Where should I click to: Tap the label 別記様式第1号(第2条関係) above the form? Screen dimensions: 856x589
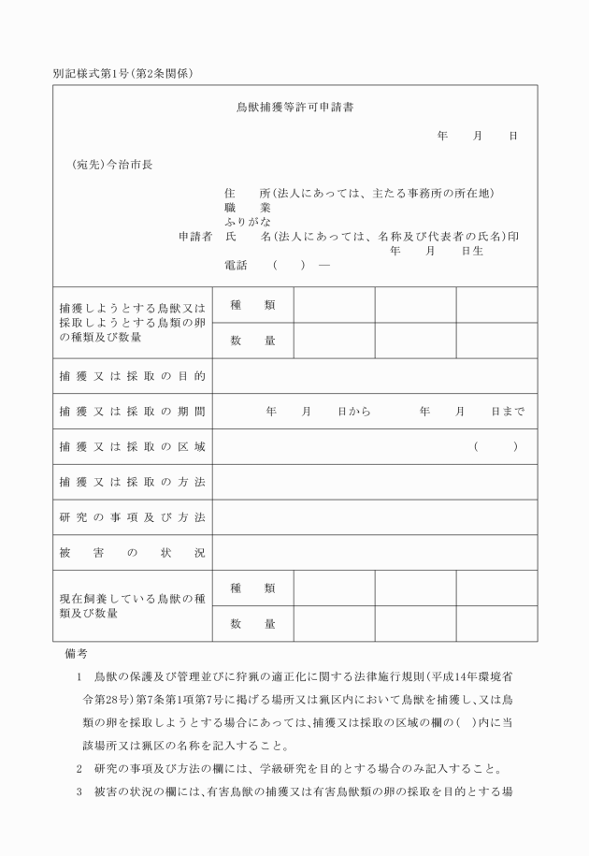pyautogui.click(x=123, y=74)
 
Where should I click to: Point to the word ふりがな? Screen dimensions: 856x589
pyautogui.click(x=248, y=223)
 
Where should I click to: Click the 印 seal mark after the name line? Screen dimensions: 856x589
pyautogui.click(x=513, y=237)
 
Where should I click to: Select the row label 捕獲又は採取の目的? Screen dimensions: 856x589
pyautogui.click(x=132, y=376)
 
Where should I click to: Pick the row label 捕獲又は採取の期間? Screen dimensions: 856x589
pyautogui.click(x=132, y=412)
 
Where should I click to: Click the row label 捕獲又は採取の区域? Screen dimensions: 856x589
pyautogui.click(x=132, y=447)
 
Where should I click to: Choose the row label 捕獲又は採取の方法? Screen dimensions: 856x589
pyautogui.click(x=132, y=482)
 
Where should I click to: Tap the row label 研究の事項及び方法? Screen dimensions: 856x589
pyautogui.click(x=132, y=517)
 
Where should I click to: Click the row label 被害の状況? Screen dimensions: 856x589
pyautogui.click(x=132, y=553)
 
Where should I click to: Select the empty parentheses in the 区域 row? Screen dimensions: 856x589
pyautogui.click(x=496, y=447)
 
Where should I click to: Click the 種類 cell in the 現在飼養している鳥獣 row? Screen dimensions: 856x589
pyautogui.click(x=252, y=588)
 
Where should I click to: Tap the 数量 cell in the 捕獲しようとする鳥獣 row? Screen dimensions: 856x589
pyautogui.click(x=252, y=341)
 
